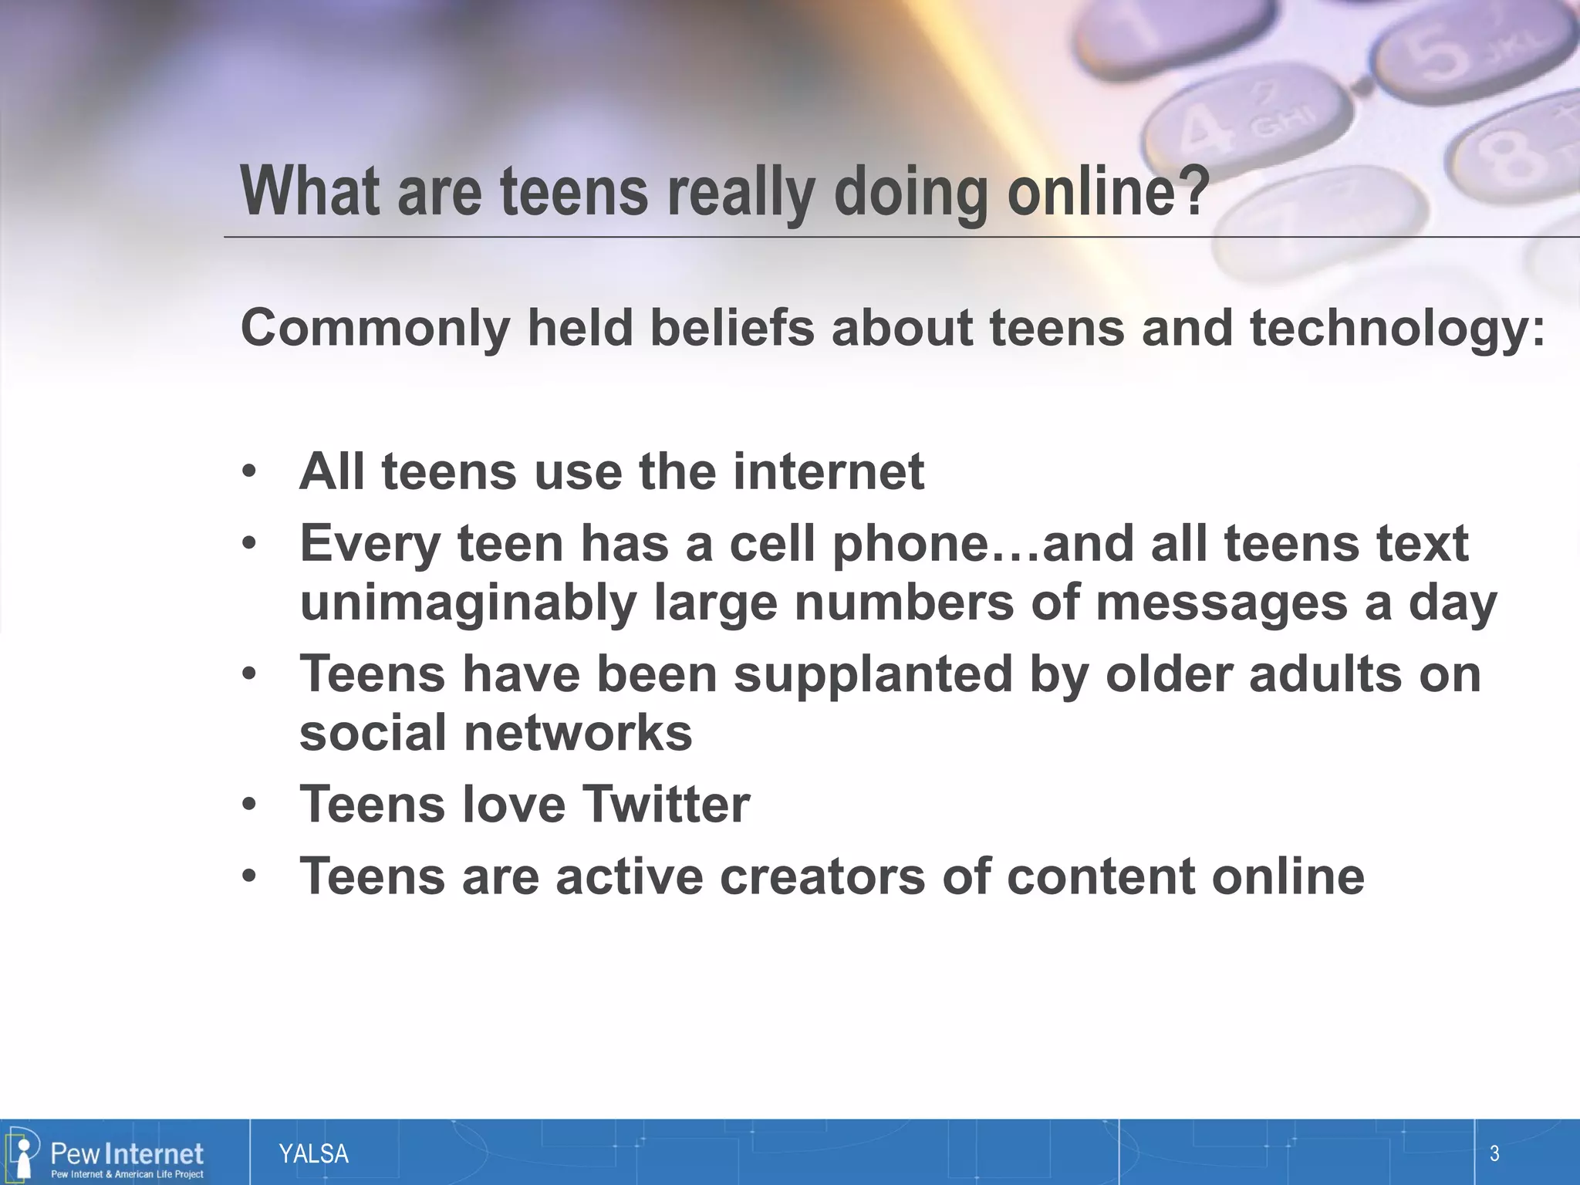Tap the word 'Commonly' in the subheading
[375, 328]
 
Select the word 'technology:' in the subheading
[1397, 328]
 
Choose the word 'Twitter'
[665, 804]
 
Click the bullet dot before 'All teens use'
[248, 471]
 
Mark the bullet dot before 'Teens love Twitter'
[248, 805]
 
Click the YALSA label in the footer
[313, 1154]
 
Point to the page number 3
[1494, 1154]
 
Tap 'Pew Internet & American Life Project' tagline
[127, 1174]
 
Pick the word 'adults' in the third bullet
[1324, 674]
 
